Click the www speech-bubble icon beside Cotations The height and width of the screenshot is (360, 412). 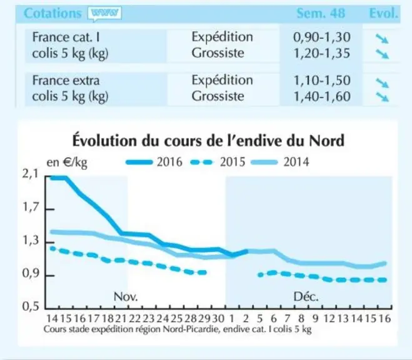pos(104,13)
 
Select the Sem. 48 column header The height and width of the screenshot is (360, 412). pos(321,13)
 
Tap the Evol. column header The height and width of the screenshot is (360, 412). pos(384,13)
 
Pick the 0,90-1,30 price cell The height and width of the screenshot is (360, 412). pos(321,37)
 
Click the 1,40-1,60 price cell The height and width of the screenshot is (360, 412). pos(321,96)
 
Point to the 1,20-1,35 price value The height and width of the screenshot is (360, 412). pos(321,53)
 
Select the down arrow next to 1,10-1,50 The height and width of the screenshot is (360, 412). pos(382,82)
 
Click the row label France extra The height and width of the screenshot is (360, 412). pos(66,81)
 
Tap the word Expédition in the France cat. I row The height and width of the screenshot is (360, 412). pos(223,37)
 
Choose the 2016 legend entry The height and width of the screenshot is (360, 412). pos(154,162)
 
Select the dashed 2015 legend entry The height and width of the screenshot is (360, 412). pos(218,162)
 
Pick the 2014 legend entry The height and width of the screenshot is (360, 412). pos(280,162)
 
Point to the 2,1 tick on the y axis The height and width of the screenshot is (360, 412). pos(30,174)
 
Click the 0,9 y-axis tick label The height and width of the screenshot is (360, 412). pos(30,274)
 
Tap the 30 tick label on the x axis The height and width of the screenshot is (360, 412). pos(218,319)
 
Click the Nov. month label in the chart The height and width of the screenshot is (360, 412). pos(126,297)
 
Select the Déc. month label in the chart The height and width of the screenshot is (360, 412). pos(306,297)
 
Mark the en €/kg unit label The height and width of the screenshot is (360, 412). pos(67,162)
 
